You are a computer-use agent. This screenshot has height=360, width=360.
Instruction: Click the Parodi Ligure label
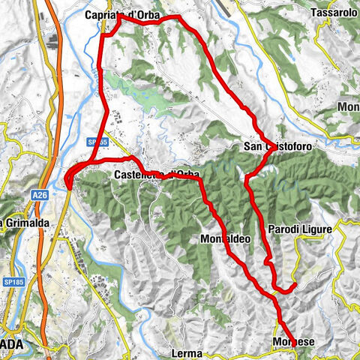coord(299,229)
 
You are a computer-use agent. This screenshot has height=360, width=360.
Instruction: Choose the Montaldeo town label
coord(226,239)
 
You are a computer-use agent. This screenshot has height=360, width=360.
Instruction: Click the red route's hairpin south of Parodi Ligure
coord(285,287)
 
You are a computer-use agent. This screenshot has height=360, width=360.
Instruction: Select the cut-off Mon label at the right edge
coord(349,107)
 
